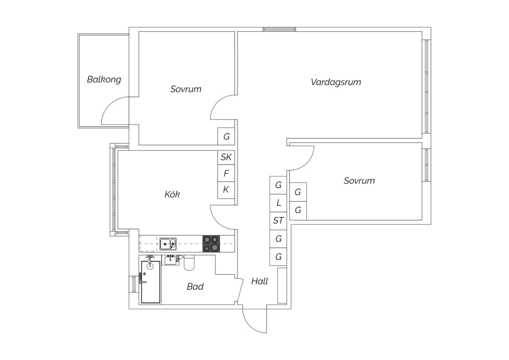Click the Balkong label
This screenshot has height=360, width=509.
(x=104, y=79)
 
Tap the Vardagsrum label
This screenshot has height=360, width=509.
(x=336, y=82)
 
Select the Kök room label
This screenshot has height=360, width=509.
(x=172, y=194)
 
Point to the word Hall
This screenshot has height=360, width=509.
(x=260, y=281)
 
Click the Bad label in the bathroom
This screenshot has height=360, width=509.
(x=195, y=287)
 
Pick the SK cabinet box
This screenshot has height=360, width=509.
(x=226, y=157)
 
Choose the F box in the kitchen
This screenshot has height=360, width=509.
(x=226, y=173)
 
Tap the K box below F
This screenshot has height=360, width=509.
(x=226, y=190)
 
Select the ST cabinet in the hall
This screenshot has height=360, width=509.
(x=278, y=221)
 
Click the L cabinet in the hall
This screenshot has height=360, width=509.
(x=278, y=203)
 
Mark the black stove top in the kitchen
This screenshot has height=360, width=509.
(x=211, y=244)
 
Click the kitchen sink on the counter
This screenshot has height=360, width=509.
(x=168, y=244)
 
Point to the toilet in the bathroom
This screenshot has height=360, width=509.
(x=189, y=263)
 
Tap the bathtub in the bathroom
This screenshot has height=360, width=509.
(x=151, y=282)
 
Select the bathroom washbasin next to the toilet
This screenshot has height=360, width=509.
(x=170, y=260)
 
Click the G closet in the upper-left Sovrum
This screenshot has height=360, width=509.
(x=226, y=137)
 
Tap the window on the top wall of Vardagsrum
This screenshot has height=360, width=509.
(x=279, y=29)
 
